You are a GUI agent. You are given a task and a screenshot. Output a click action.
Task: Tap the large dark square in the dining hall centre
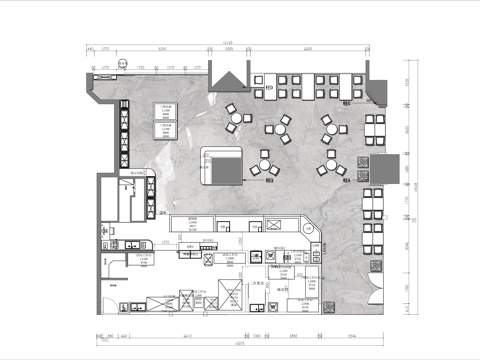[223, 165]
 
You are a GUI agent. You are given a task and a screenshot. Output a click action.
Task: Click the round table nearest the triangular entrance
[235, 117]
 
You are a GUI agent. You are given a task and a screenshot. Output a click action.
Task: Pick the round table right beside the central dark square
[265, 165]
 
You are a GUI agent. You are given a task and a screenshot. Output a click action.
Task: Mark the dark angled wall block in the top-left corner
[98, 92]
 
